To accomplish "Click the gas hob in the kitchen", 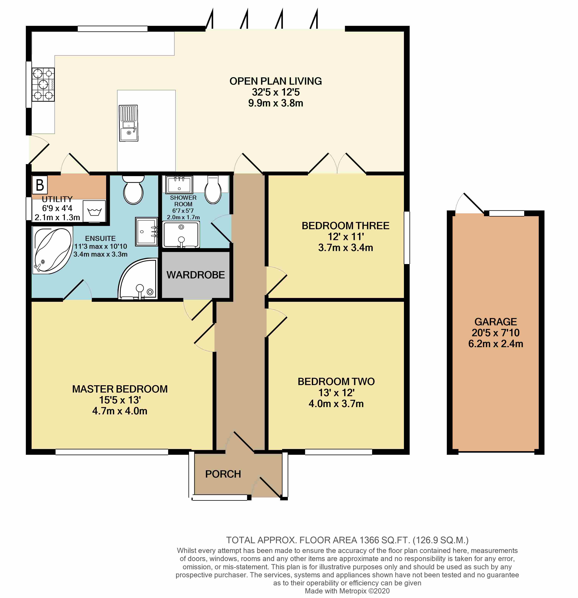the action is [43, 84].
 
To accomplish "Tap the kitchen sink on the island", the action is [129, 123].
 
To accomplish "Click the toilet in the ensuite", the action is [133, 189].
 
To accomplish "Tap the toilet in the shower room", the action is [213, 189].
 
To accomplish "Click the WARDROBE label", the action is [196, 275].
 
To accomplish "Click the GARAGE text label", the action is [496, 321].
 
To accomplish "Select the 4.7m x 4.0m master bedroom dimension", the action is [120, 411].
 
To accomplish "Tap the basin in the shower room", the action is [179, 185].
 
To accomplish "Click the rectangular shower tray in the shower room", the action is [181, 234].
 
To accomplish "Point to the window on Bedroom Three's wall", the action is [407, 237].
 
